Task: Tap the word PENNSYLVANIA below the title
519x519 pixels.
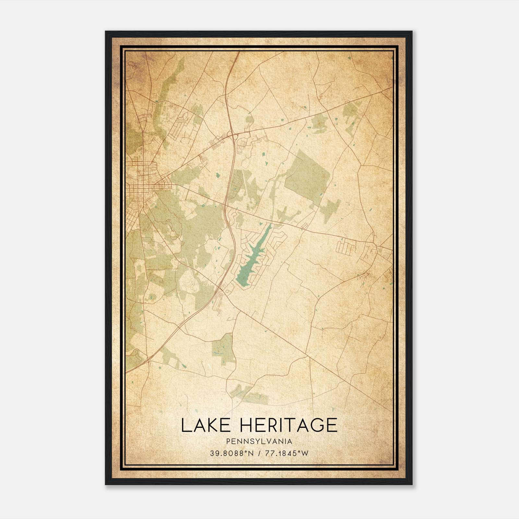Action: [259, 441]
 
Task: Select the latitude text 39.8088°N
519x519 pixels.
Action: [231, 453]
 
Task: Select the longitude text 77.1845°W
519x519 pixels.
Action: [286, 453]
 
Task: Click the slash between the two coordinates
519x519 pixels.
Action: [259, 453]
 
